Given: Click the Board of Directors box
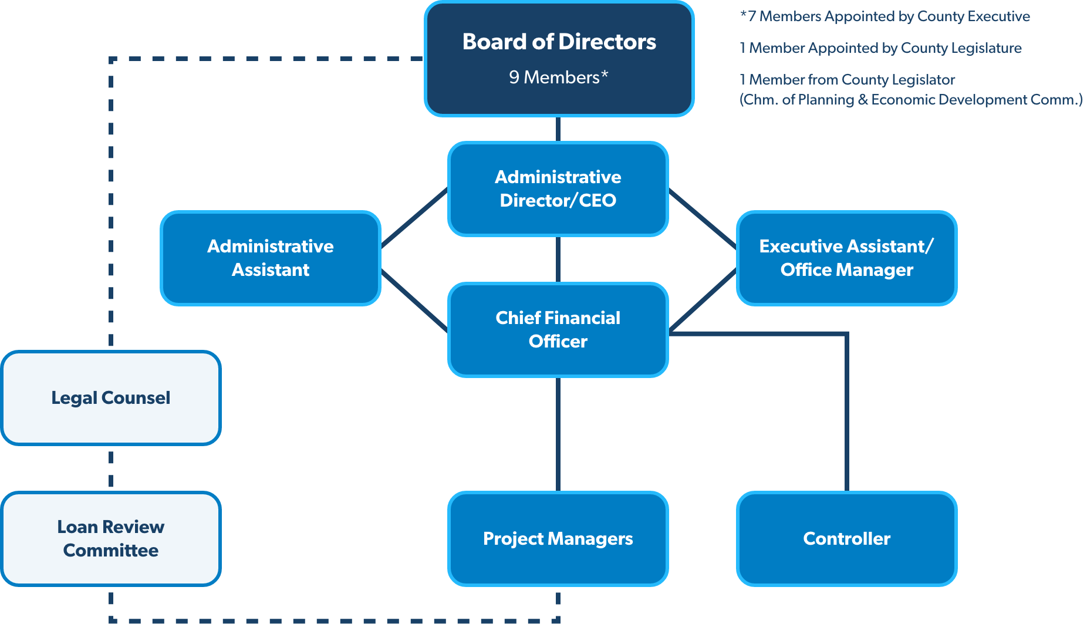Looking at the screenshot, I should [x=559, y=59].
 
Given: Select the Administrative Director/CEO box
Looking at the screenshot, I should [x=558, y=188].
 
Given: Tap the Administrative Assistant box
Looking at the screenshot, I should [x=271, y=258].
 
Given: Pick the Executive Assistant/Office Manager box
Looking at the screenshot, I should [x=846, y=258].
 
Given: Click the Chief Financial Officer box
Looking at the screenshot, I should [x=558, y=329].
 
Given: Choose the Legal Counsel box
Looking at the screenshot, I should [x=110, y=397].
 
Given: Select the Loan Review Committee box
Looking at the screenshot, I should [x=110, y=538].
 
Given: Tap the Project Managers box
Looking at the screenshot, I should [x=558, y=538].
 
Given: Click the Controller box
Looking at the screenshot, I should [x=846, y=538].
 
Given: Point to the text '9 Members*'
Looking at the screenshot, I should [x=558, y=77].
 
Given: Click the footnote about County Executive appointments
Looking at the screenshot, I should [x=885, y=16].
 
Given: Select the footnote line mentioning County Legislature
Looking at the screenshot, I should [x=880, y=48].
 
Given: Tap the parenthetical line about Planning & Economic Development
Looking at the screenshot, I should [x=911, y=100].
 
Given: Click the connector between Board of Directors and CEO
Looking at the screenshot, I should [x=558, y=129].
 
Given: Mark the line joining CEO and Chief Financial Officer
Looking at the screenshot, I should [x=558, y=259].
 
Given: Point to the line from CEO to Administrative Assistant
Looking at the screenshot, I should [x=414, y=218].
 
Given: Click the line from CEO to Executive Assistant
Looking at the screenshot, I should [x=703, y=218].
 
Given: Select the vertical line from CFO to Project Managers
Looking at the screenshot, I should [x=558, y=434].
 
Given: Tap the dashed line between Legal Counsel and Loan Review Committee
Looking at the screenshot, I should [x=111, y=468].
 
